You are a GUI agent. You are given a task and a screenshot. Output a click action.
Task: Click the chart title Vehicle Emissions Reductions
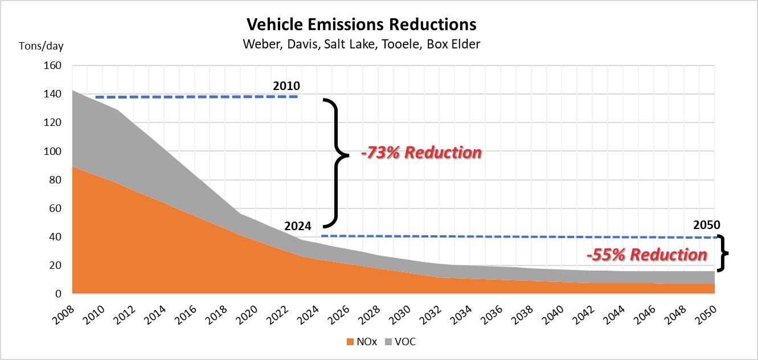(x=361, y=24)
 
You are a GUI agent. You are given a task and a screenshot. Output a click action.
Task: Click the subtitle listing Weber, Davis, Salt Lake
(x=361, y=44)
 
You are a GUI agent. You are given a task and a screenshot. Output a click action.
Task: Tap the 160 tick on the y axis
(x=52, y=66)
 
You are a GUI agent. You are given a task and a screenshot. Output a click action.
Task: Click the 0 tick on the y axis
(x=58, y=294)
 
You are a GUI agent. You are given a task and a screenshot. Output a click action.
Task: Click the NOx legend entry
(x=360, y=342)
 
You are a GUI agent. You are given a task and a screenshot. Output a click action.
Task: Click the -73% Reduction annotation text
(x=421, y=153)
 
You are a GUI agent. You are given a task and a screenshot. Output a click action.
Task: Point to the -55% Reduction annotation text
(x=646, y=254)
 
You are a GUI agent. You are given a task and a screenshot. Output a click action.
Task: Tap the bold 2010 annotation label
(x=286, y=87)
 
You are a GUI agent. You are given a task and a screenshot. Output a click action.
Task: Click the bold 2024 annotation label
(x=298, y=226)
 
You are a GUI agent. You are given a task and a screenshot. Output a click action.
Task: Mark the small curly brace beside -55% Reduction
(x=722, y=253)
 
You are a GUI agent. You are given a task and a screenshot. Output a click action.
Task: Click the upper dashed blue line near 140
(x=196, y=97)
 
